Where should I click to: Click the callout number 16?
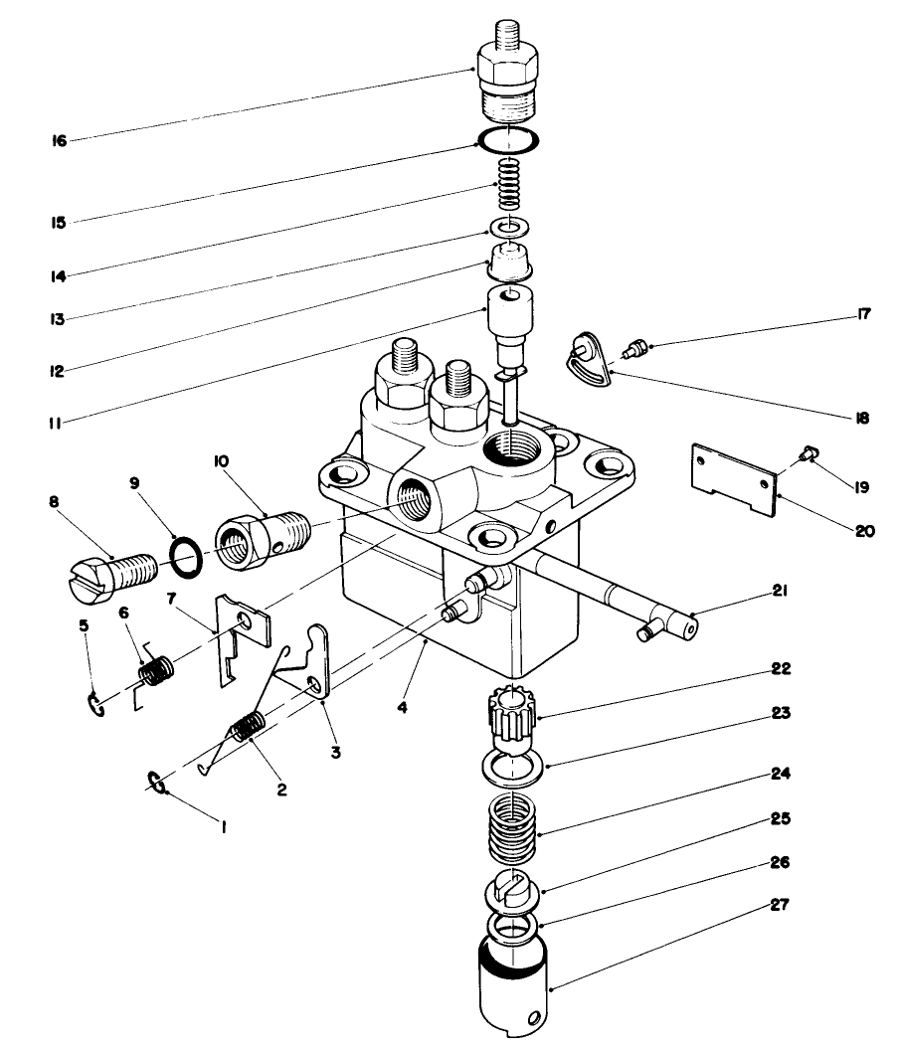[60, 141]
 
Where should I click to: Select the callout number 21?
[779, 591]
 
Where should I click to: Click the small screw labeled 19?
[810, 454]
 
